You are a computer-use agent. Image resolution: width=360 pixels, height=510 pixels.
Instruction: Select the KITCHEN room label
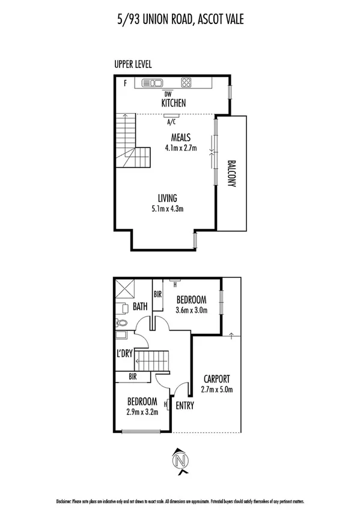173,103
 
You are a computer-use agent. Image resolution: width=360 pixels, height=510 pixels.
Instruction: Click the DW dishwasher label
168,93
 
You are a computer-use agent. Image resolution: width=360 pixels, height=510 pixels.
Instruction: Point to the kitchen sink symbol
152,83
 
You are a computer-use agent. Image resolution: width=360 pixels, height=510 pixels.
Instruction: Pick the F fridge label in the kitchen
125,84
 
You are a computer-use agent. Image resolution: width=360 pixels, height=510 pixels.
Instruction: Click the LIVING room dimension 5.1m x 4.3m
167,209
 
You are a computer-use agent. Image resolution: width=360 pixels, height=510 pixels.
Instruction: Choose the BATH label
140,307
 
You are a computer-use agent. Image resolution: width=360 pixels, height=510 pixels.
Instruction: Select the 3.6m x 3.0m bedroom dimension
191,311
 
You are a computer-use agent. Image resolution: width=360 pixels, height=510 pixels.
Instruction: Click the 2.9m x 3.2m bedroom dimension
142,413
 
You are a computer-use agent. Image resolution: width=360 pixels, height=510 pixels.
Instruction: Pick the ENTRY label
185,405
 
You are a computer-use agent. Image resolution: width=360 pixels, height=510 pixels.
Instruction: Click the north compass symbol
180,461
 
